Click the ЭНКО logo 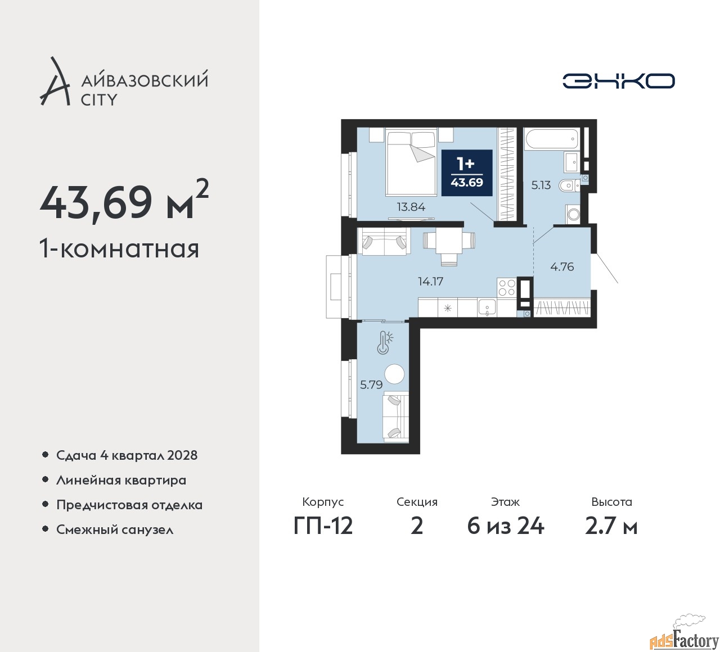pyautogui.click(x=618, y=81)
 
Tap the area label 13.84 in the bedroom pyautogui.click(x=411, y=207)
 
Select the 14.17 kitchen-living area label pyautogui.click(x=430, y=282)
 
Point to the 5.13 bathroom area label pyautogui.click(x=541, y=185)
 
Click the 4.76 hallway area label pyautogui.click(x=562, y=267)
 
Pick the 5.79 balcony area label pyautogui.click(x=371, y=385)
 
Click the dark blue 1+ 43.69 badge pyautogui.click(x=467, y=173)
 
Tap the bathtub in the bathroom pyautogui.click(x=551, y=139)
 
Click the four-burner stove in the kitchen pyautogui.click(x=506, y=287)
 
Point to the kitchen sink pyautogui.click(x=486, y=307)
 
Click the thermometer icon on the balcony pyautogui.click(x=384, y=342)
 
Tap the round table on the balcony pyautogui.click(x=394, y=374)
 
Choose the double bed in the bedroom pyautogui.click(x=411, y=163)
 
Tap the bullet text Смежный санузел pyautogui.click(x=115, y=529)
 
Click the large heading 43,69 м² pyautogui.click(x=124, y=202)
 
